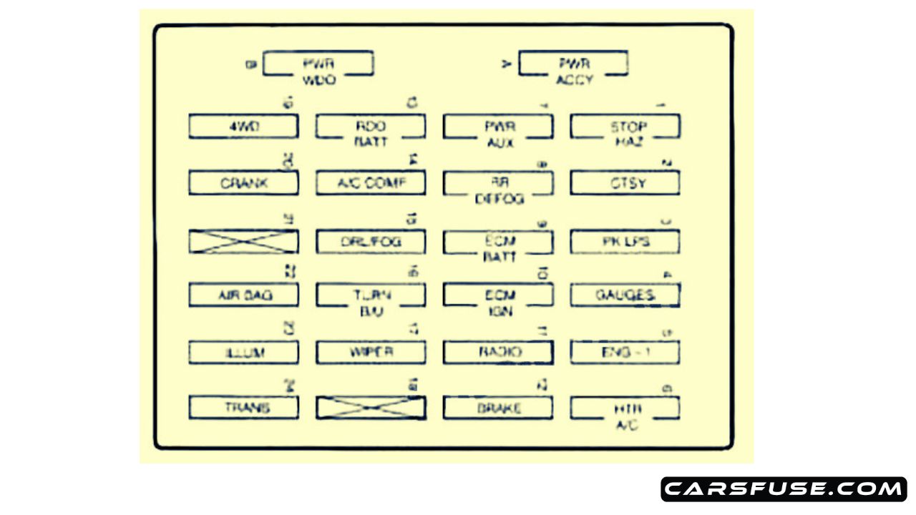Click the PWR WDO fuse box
coord(318,64)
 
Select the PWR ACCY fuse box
coord(573,64)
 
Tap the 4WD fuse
coord(243,127)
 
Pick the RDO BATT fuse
coord(371,127)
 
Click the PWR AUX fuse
coord(498,127)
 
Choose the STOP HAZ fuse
coord(625,127)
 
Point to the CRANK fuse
coord(243,183)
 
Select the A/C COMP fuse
coord(371,183)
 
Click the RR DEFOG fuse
coord(498,183)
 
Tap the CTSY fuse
coord(625,183)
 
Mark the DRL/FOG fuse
coord(371,242)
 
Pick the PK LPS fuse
coord(625,242)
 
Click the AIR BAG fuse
coord(243,295)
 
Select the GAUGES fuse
coord(625,295)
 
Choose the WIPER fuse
coord(371,352)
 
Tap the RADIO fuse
coord(498,352)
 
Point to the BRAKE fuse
coord(498,408)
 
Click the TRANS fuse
coord(243,408)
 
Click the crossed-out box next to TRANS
coord(371,408)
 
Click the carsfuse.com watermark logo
coord(784,489)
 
